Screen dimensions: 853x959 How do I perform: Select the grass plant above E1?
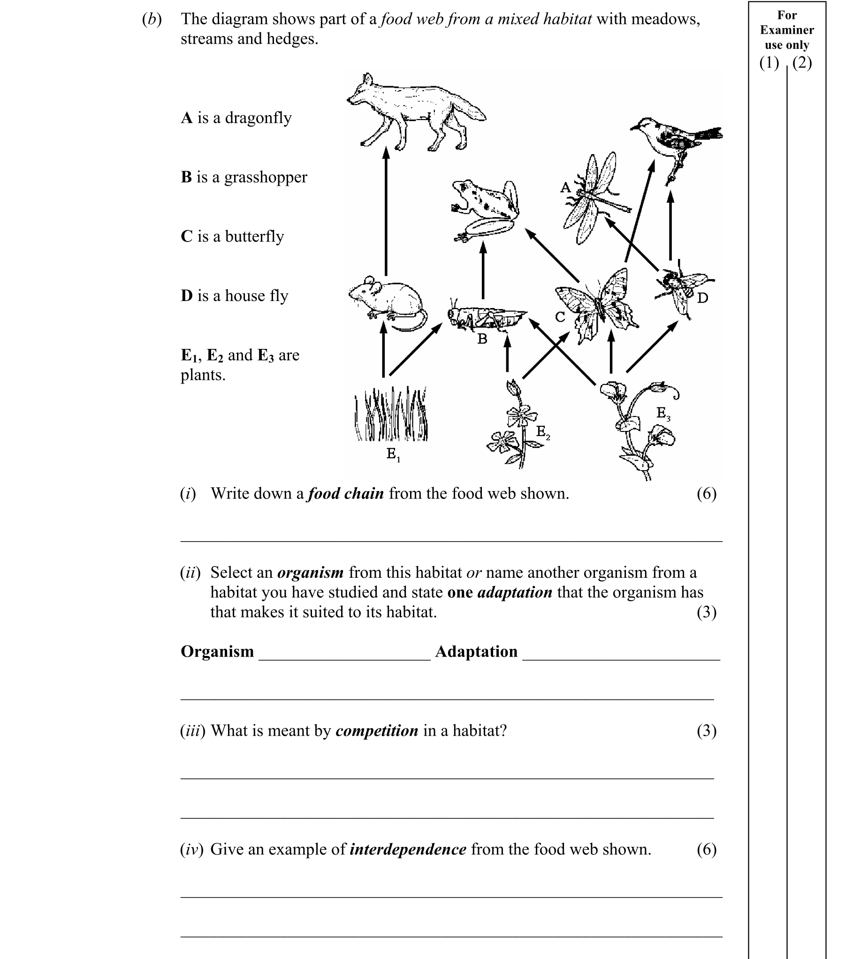(x=390, y=415)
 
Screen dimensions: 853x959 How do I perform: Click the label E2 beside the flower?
(x=542, y=431)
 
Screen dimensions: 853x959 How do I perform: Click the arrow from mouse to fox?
(x=386, y=211)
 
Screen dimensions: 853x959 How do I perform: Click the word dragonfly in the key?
(x=258, y=118)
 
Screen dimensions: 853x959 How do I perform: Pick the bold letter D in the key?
(x=186, y=295)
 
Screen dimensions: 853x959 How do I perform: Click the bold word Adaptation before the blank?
(x=476, y=651)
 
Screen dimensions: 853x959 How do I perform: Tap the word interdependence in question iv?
(x=408, y=849)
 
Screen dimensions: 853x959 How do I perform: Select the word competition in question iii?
(x=376, y=731)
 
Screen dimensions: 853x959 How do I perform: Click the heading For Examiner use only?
(x=787, y=30)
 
